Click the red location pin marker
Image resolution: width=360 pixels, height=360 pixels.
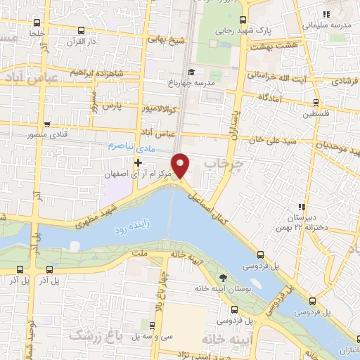pyautogui.click(x=181, y=165)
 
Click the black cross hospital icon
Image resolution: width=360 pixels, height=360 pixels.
pyautogui.click(x=138, y=162)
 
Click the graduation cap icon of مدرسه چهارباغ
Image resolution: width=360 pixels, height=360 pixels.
pyautogui.click(x=190, y=72)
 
